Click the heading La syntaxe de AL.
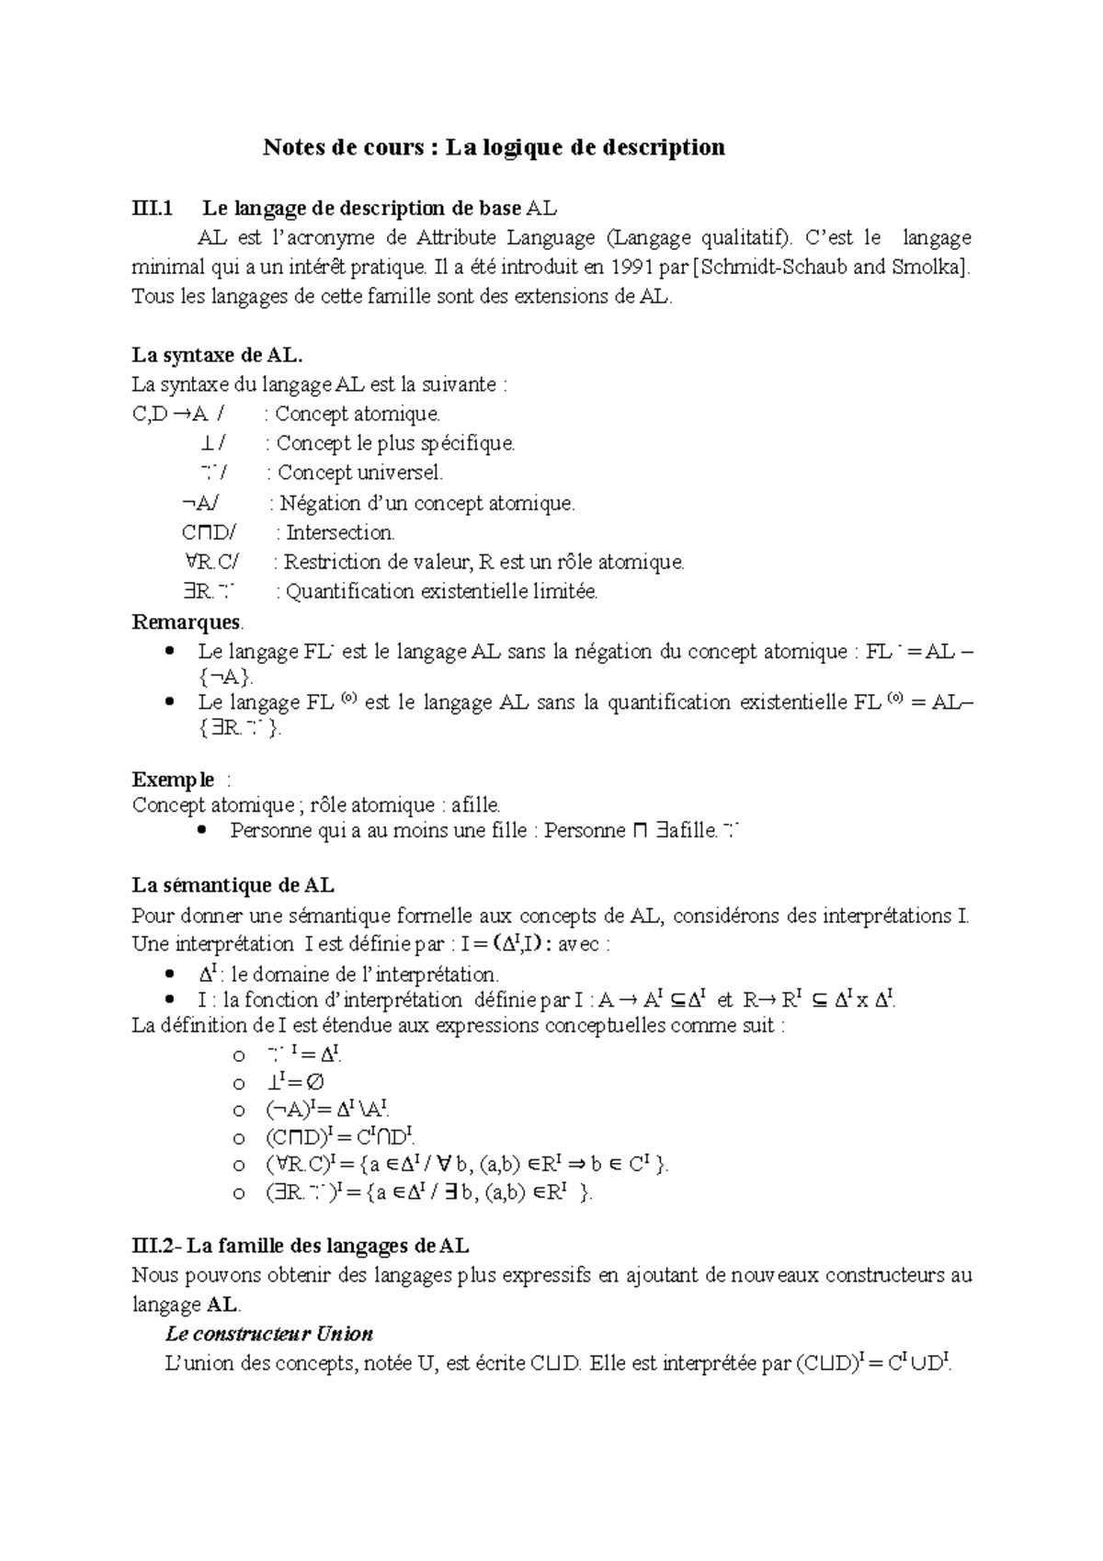(x=218, y=355)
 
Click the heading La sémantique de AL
(x=233, y=886)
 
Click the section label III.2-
(x=158, y=1247)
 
